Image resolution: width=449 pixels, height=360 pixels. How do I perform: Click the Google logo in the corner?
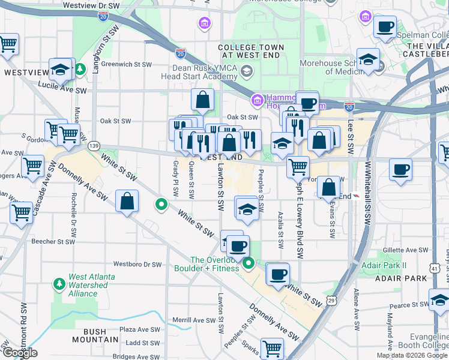point(19,353)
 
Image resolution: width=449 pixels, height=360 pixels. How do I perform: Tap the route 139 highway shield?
point(93,146)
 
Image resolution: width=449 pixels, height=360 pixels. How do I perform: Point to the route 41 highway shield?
point(433,270)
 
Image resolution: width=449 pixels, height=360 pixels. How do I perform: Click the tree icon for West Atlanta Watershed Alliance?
point(59,283)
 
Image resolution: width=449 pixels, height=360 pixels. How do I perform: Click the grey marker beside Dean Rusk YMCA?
point(246,73)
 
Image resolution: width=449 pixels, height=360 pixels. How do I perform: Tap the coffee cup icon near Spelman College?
point(385,27)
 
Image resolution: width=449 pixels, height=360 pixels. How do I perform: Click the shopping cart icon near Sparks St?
point(273,347)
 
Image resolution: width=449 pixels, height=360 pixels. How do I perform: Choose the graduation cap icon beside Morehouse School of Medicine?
point(367,59)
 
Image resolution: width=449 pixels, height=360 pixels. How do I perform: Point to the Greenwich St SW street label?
point(125,64)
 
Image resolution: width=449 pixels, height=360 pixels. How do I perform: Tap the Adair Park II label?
point(384,265)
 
